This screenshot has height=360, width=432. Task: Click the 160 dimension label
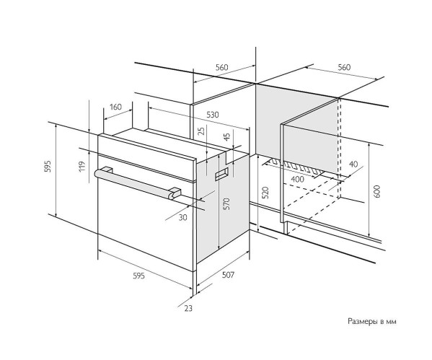pos(115,107)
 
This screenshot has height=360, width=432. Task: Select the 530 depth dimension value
pos(213,115)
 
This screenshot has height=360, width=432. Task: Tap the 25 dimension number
pos(202,131)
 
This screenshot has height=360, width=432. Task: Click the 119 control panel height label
pos(82,167)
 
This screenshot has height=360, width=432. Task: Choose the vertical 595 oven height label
pos(48,166)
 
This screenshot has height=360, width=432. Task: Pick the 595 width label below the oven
pos(138,276)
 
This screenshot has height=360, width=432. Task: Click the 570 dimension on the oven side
pos(226,203)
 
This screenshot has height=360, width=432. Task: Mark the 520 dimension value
pos(265,193)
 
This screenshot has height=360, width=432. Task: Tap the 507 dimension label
pos(228,275)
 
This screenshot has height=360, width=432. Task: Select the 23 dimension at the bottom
pos(188,309)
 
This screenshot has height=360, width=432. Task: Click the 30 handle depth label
pos(182,217)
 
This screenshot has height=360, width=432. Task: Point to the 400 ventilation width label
pos(298,179)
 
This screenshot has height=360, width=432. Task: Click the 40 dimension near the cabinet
pos(353,164)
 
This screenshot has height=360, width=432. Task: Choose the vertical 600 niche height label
pos(377,191)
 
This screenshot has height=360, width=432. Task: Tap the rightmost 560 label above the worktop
pos(344,67)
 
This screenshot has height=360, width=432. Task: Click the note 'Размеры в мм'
pos(372,322)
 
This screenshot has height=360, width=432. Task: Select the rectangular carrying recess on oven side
pos(221,174)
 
